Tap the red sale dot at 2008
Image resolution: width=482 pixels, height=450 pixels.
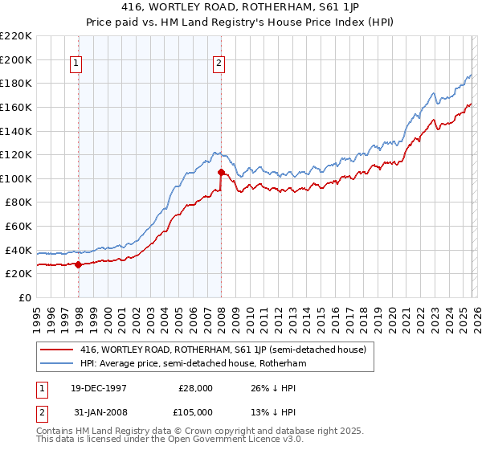click(x=221, y=172)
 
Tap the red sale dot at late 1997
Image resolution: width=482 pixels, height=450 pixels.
click(x=78, y=264)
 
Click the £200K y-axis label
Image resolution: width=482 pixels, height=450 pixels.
click(x=18, y=59)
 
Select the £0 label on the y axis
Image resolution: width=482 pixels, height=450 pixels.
click(x=24, y=297)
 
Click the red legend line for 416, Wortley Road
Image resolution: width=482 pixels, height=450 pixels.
click(x=56, y=350)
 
